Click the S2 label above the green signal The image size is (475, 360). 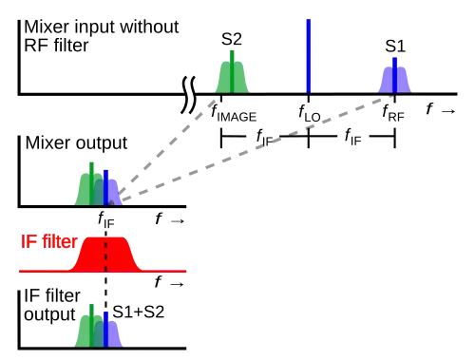pyautogui.click(x=232, y=39)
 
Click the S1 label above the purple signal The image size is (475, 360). pyautogui.click(x=395, y=47)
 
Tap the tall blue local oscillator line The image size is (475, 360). pyautogui.click(x=309, y=56)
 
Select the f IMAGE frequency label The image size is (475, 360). pyautogui.click(x=234, y=114)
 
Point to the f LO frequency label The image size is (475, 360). pyautogui.click(x=310, y=114)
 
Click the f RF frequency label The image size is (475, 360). pyautogui.click(x=393, y=113)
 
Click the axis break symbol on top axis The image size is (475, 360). pyautogui.click(x=188, y=95)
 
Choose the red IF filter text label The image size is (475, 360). pyautogui.click(x=49, y=241)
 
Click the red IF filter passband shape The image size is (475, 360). pyautogui.click(x=105, y=254)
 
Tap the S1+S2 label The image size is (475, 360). pyautogui.click(x=139, y=312)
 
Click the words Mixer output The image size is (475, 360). pyautogui.click(x=76, y=142)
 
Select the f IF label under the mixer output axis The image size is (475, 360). pyautogui.click(x=106, y=219)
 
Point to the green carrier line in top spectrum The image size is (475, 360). pyautogui.click(x=232, y=72)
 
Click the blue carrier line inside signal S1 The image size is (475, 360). pyautogui.click(x=394, y=75)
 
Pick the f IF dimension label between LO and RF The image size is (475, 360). pyautogui.click(x=352, y=137)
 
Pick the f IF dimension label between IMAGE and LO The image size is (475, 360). pyautogui.click(x=265, y=138)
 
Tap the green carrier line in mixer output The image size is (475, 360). pyautogui.click(x=91, y=184)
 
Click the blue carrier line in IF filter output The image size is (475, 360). pyautogui.click(x=105, y=330)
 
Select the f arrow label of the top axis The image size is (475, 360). pyautogui.click(x=441, y=109)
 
